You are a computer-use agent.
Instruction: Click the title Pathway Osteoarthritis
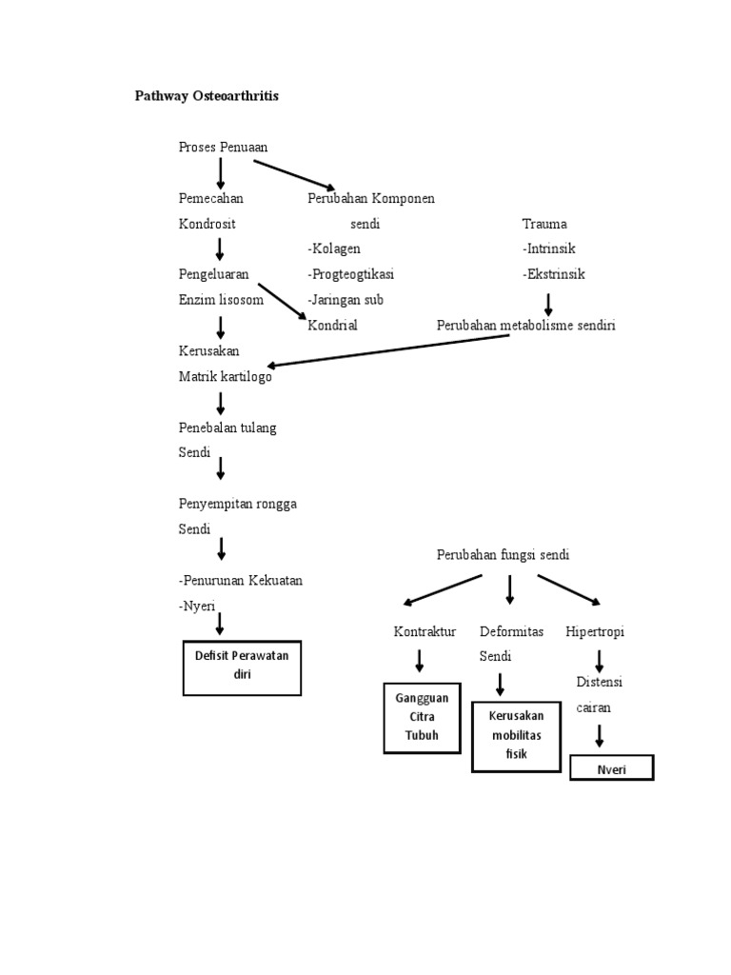pyautogui.click(x=207, y=97)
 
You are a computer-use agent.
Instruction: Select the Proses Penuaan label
pyautogui.click(x=223, y=147)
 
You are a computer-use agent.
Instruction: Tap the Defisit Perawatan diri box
pyautogui.click(x=242, y=667)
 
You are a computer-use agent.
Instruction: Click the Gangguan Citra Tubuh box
pyautogui.click(x=422, y=718)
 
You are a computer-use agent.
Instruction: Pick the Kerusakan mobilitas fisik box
pyautogui.click(x=515, y=737)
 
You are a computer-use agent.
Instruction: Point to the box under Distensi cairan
pyautogui.click(x=611, y=767)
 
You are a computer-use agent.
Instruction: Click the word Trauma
pyautogui.click(x=543, y=224)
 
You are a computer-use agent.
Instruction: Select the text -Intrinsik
pyautogui.click(x=548, y=249)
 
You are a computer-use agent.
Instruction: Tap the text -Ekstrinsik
pyautogui.click(x=553, y=274)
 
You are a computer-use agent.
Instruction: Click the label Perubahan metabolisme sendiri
pyautogui.click(x=525, y=326)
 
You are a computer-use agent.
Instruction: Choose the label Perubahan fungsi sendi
pyautogui.click(x=503, y=554)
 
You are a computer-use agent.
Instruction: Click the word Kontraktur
pyautogui.click(x=425, y=631)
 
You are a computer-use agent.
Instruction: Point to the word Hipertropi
pyautogui.click(x=595, y=631)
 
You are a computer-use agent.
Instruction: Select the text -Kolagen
pyautogui.click(x=333, y=249)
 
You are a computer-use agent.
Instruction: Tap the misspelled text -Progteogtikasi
pyautogui.click(x=350, y=274)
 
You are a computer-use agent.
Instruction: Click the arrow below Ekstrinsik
pyautogui.click(x=548, y=303)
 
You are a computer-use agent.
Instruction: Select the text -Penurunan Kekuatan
pyautogui.click(x=240, y=580)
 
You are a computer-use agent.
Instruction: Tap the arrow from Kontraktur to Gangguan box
pyautogui.click(x=419, y=660)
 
